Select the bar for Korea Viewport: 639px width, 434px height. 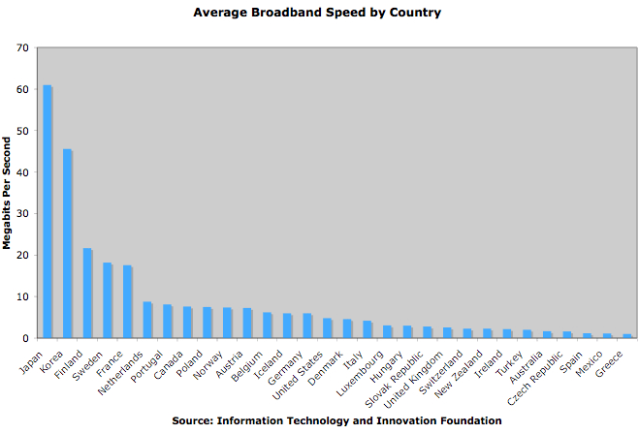coord(67,243)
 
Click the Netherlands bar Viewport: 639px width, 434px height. coord(147,320)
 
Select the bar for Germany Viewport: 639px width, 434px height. coord(307,325)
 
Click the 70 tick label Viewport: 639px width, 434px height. coord(20,47)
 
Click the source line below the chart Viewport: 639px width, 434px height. coord(336,421)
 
